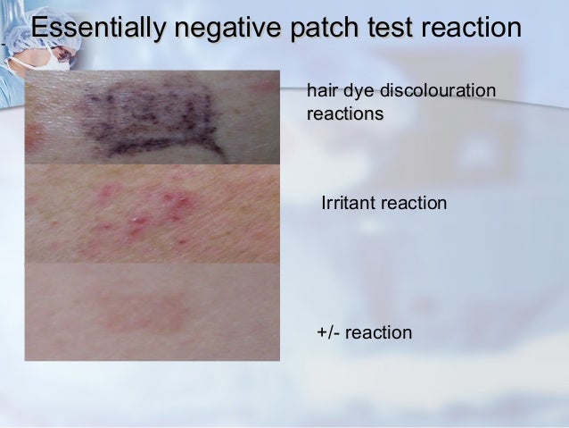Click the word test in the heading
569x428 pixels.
[x=390, y=29]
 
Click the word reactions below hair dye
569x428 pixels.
[x=344, y=114]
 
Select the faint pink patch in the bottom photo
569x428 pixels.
[x=147, y=309]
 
